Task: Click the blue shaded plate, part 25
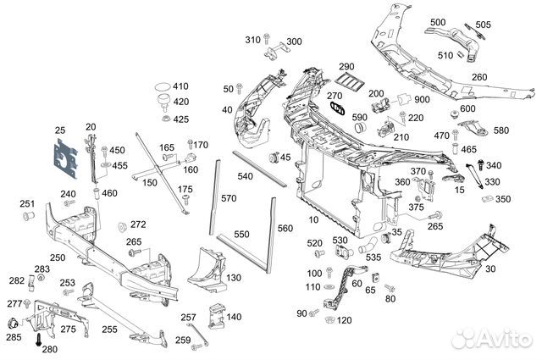[66, 158]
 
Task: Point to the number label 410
[180, 86]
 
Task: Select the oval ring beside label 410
[163, 86]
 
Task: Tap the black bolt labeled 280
[38, 340]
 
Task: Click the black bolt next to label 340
[480, 164]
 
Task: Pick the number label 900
[422, 99]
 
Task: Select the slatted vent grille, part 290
[350, 82]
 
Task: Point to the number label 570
[229, 198]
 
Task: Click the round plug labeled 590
[361, 127]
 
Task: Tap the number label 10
[313, 219]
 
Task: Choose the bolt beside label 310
[266, 38]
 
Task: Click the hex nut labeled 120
[329, 319]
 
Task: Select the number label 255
[109, 330]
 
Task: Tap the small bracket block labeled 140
[217, 316]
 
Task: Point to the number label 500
[438, 22]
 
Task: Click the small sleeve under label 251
[28, 216]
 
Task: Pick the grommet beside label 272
[122, 227]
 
